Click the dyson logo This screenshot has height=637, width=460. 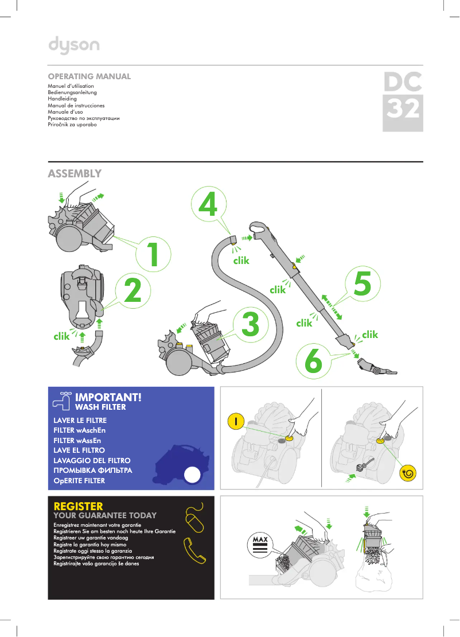73,45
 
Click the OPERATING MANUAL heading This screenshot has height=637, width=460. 89,76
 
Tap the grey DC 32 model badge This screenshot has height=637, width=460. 403,102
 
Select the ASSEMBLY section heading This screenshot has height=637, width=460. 75,173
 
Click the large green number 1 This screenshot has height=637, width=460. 152,255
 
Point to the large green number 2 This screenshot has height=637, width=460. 132,291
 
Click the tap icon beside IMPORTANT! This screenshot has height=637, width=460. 61,400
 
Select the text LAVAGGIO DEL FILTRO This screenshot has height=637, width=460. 92,461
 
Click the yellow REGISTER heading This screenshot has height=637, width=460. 78,506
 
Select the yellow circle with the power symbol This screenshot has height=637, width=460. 236,421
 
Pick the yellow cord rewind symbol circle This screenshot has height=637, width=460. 409,474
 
